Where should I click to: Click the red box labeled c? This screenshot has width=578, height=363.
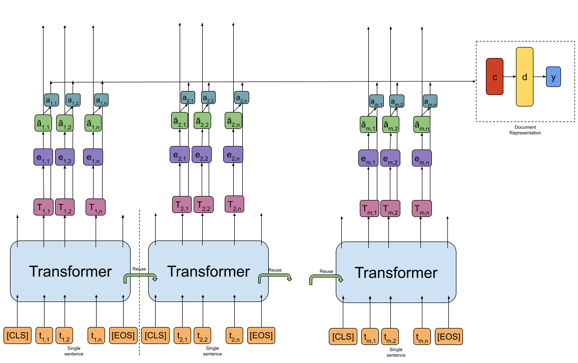(x=494, y=76)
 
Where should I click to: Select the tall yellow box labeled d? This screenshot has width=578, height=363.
(x=524, y=76)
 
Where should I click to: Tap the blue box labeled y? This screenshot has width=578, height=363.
(x=553, y=77)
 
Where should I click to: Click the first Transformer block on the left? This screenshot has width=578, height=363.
(x=70, y=271)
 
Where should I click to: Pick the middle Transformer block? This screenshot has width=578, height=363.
(x=208, y=271)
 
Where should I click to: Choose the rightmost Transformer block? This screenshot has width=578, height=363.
(x=396, y=272)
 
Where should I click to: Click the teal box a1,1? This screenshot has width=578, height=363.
(x=52, y=100)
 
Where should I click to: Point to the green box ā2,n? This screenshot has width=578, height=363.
(x=233, y=120)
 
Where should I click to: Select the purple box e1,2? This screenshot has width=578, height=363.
(x=65, y=157)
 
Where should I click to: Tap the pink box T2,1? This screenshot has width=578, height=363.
(x=182, y=204)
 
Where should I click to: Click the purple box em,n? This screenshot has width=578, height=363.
(x=422, y=158)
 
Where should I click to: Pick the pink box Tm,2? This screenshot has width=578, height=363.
(x=390, y=208)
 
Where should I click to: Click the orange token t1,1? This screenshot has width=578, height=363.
(x=44, y=335)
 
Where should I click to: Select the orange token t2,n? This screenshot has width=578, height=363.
(x=234, y=335)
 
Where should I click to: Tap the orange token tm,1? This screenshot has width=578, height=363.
(x=370, y=336)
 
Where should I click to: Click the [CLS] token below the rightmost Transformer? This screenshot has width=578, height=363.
(x=343, y=336)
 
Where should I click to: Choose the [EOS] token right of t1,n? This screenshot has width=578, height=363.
(x=123, y=335)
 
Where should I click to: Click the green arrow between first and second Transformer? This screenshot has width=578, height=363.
(x=141, y=276)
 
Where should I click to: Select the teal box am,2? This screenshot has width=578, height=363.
(x=397, y=101)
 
